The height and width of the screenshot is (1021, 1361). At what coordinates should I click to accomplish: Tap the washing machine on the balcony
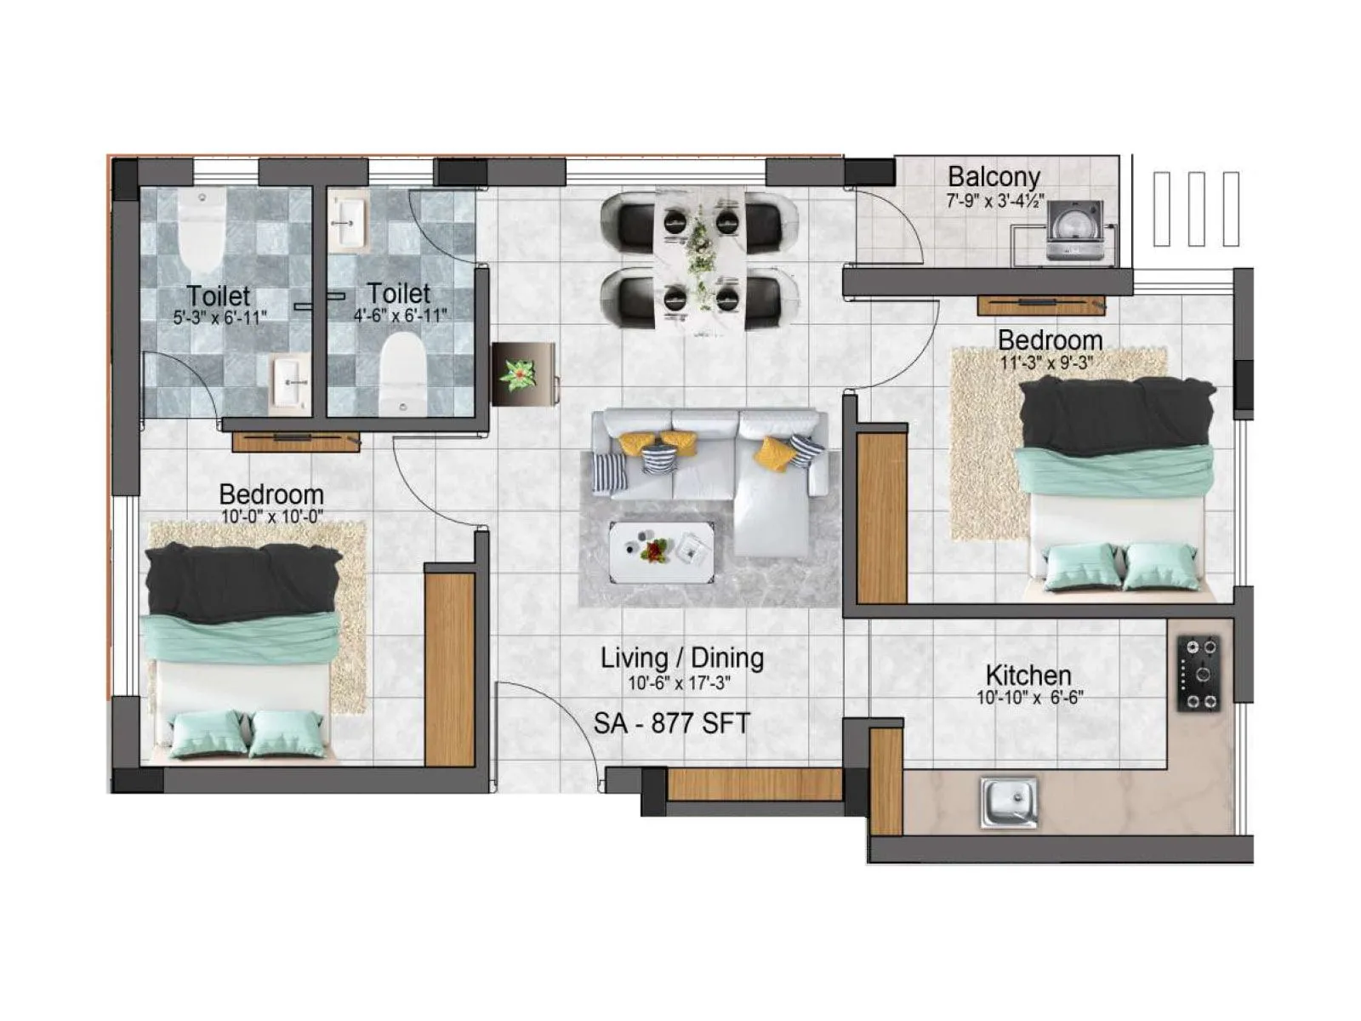tap(1073, 231)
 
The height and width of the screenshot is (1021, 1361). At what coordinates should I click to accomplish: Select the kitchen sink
tap(1009, 801)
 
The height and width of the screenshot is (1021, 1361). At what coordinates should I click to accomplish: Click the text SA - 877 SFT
tap(671, 724)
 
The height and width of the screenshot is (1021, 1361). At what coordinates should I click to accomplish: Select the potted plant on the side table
tap(519, 374)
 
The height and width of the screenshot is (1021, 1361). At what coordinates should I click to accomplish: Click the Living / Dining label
tap(681, 658)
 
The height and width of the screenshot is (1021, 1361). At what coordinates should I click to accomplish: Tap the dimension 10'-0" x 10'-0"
tap(271, 516)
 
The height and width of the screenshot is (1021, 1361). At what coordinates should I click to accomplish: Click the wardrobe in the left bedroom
tap(448, 668)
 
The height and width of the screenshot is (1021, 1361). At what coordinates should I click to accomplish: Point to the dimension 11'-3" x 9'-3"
tap(1050, 362)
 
